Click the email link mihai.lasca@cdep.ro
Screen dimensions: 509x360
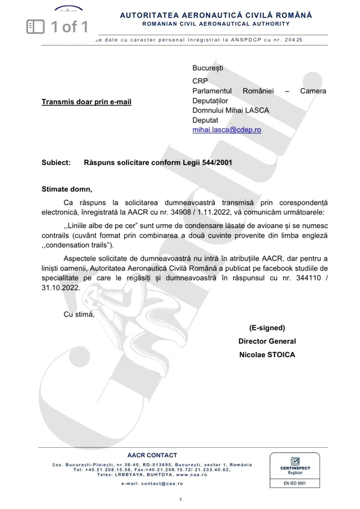pos(226,130)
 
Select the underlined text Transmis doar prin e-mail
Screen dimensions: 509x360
pos(86,102)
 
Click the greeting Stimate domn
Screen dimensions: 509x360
pos(66,189)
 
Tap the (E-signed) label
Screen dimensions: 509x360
pos(267,328)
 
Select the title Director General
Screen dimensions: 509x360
pos(267,341)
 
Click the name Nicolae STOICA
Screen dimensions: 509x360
pos(267,355)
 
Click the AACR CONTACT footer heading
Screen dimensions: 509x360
pos(152,455)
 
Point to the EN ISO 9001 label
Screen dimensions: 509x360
pos(295,484)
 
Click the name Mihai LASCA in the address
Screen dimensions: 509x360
pos(247,111)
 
